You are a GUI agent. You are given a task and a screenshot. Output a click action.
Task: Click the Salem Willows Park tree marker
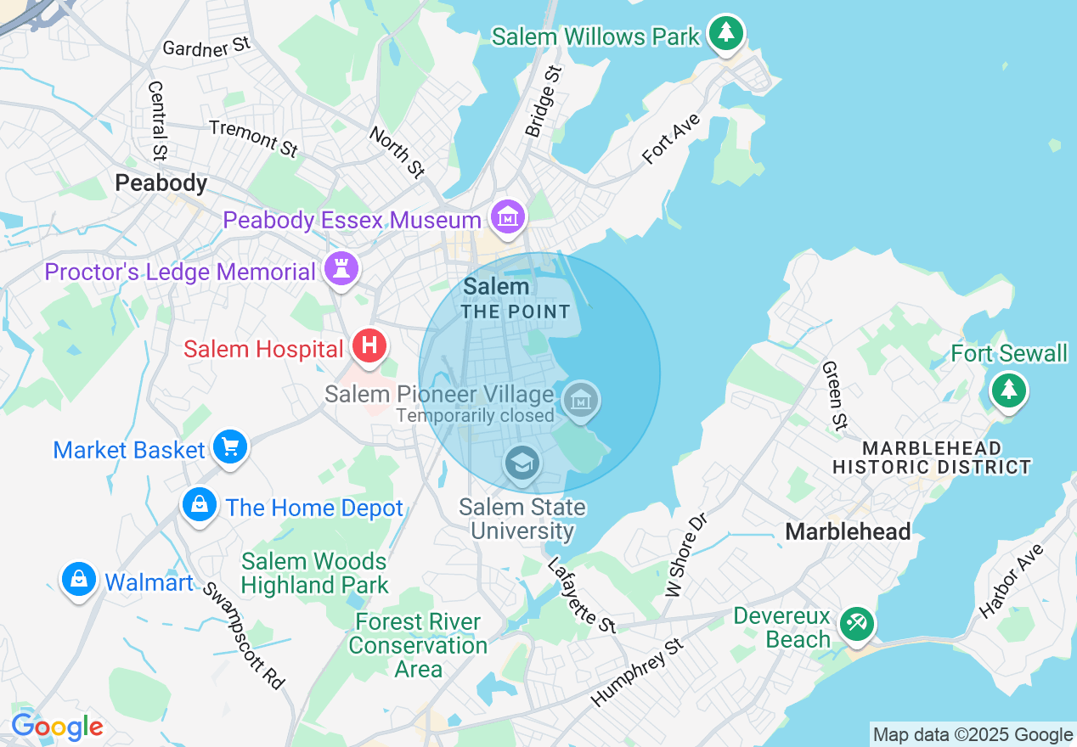click(726, 33)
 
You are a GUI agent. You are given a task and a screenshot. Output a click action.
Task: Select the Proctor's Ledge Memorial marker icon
click(341, 269)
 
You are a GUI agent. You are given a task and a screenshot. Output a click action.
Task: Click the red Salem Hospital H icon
click(369, 345)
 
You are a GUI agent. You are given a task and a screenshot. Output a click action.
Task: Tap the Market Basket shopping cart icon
click(229, 447)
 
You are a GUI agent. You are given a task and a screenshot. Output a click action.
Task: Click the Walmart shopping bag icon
click(78, 580)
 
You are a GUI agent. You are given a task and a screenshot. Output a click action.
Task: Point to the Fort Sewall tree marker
click(1008, 390)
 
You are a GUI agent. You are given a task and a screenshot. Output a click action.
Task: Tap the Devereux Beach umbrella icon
click(856, 625)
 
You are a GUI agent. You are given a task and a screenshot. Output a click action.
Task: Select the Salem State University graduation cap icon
click(521, 463)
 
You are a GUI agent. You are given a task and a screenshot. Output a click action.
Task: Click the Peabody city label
click(161, 183)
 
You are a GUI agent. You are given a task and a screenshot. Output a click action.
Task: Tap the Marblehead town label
click(848, 531)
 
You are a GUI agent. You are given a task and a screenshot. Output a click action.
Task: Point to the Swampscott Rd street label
click(243, 633)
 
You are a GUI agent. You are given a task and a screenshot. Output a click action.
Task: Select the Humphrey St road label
click(638, 672)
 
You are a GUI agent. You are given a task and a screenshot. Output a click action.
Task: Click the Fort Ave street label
click(671, 138)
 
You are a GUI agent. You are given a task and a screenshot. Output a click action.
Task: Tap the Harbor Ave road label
click(1010, 581)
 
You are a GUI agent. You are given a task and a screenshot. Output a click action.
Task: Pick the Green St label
click(835, 395)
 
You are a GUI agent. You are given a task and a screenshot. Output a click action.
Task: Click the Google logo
click(57, 727)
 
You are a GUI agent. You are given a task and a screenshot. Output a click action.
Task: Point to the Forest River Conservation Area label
click(418, 645)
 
